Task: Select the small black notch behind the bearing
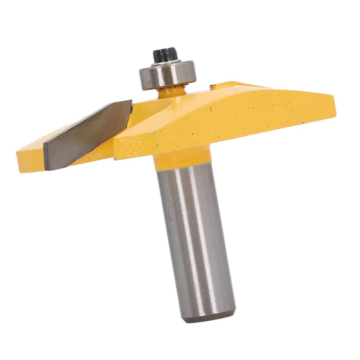(x=212, y=86)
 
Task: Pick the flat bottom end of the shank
(x=211, y=318)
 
